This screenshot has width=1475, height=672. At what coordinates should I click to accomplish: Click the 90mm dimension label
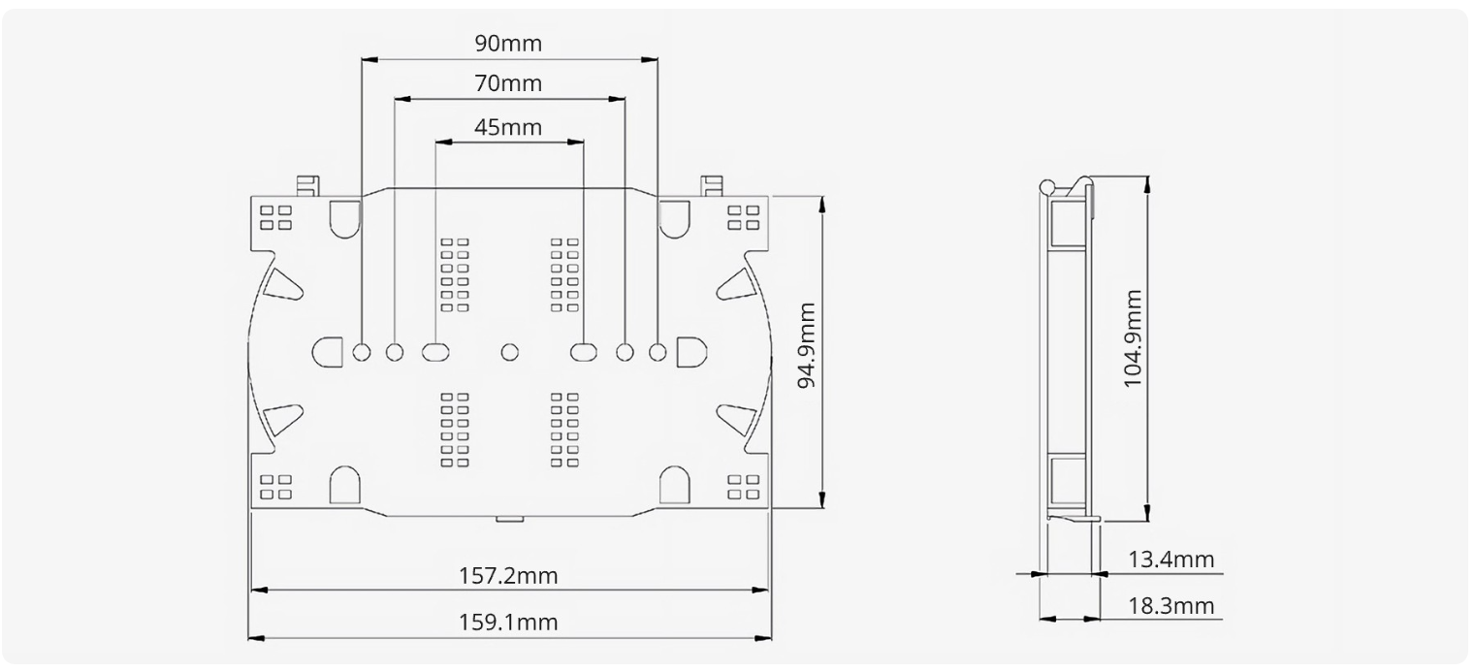point(508,44)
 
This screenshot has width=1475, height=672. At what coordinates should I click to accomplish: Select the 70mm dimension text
point(508,83)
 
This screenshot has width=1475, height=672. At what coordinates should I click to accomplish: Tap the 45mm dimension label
point(508,127)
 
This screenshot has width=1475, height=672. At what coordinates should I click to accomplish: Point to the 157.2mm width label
point(508,576)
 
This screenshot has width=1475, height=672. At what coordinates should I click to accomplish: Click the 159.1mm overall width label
point(508,622)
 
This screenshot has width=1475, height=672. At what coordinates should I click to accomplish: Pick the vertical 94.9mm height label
point(807,345)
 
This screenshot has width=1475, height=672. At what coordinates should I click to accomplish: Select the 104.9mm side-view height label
point(1132,338)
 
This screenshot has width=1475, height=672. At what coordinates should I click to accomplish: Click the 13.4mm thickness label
point(1170,560)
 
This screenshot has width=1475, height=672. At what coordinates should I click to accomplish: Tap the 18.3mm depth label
point(1170,605)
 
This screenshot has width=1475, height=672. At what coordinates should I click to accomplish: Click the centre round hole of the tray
point(510,352)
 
